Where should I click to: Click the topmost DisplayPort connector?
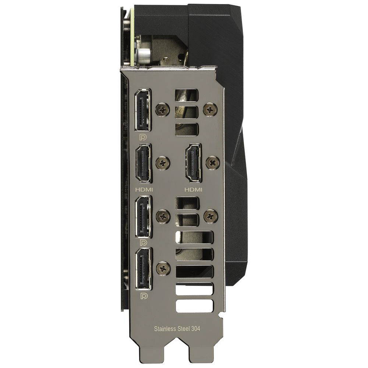tap(142, 110)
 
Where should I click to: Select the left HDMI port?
tap(144, 163)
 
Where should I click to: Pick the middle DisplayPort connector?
tap(143, 216)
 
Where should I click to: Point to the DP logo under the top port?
tap(143, 137)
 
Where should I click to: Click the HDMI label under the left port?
tap(144, 189)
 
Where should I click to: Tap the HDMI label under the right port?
tap(194, 189)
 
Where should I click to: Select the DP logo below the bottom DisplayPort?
tap(144, 296)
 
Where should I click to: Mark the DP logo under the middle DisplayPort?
tap(144, 243)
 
